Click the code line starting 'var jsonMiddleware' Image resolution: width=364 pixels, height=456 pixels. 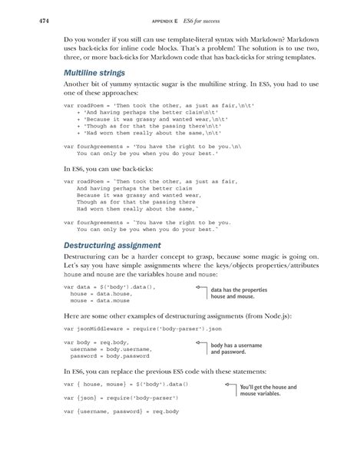129,328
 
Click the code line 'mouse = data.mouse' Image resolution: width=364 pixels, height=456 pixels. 96,301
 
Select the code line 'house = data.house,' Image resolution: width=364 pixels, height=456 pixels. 97,293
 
